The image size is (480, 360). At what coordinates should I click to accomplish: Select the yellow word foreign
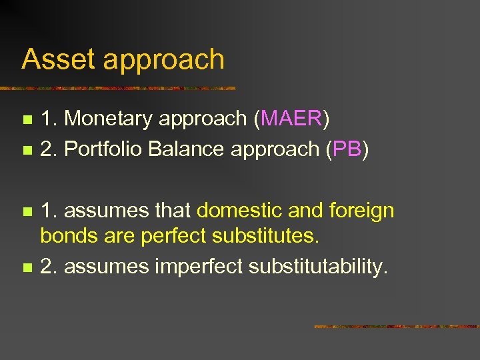tap(361, 212)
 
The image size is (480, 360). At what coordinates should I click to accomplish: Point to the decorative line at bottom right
tap(396, 327)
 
